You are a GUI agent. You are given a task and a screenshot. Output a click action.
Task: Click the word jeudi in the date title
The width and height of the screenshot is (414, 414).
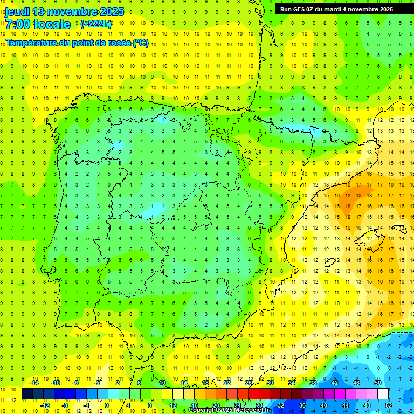pyautogui.click(x=17, y=11)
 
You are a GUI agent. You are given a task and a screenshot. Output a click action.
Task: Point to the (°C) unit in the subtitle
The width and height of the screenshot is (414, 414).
pyautogui.click(x=140, y=43)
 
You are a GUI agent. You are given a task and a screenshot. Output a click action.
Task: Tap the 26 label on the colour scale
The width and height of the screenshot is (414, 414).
pyautogui.click(x=249, y=383)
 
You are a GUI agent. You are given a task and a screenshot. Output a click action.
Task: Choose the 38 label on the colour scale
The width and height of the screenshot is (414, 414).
pyautogui.click(x=313, y=383)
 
